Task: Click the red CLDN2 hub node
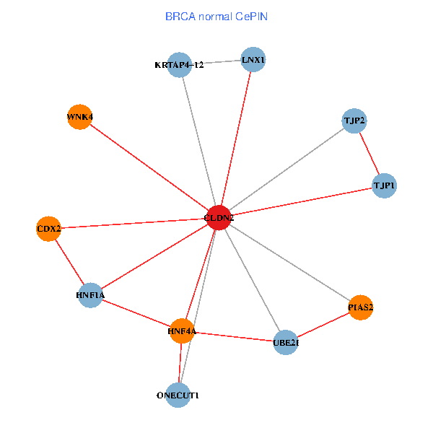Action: click(x=219, y=217)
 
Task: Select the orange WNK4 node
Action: click(x=79, y=117)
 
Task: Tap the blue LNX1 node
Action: click(x=253, y=60)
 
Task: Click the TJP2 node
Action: click(x=354, y=120)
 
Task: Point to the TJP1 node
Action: click(x=384, y=185)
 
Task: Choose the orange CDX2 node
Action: click(x=48, y=229)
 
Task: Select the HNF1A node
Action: click(x=90, y=295)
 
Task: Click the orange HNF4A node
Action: click(x=182, y=331)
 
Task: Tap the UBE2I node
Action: click(x=286, y=343)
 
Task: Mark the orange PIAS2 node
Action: click(x=360, y=307)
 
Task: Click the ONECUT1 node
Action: click(x=178, y=395)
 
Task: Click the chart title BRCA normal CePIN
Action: click(x=216, y=16)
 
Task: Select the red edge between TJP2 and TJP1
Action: click(x=369, y=153)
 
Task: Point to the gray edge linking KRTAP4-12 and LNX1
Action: click(x=216, y=62)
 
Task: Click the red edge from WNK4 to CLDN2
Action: click(x=149, y=167)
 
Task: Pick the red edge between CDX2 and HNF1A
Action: click(x=69, y=262)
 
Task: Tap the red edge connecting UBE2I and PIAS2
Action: click(x=323, y=325)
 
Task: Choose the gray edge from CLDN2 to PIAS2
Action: click(x=289, y=263)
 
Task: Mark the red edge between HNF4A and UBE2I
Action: click(x=234, y=337)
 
